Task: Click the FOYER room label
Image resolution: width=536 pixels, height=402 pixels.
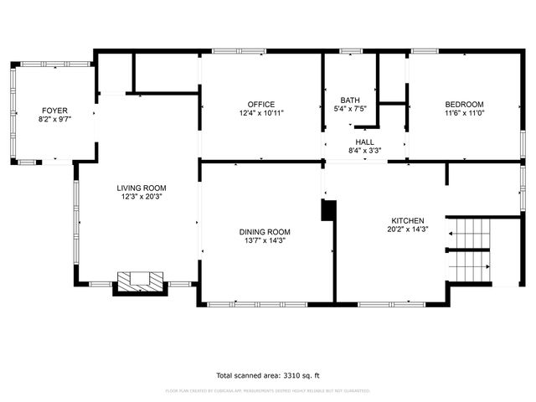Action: (54, 111)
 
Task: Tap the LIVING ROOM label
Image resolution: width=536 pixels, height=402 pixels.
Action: (141, 188)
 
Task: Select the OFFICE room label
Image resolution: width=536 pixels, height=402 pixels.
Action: (260, 104)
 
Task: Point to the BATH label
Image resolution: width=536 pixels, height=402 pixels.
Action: (349, 100)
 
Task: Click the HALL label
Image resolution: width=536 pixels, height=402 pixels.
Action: (364, 142)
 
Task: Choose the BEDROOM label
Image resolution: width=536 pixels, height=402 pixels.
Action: (464, 104)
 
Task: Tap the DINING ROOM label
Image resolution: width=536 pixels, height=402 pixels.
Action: (265, 232)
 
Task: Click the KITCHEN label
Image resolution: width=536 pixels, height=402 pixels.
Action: (407, 220)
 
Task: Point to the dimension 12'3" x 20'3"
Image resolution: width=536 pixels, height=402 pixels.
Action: (141, 197)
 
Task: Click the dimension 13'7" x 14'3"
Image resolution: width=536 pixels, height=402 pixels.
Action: (265, 241)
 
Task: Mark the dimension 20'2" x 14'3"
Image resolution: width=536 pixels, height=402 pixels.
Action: (407, 229)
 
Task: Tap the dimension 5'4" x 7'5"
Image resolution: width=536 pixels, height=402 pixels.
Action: (349, 109)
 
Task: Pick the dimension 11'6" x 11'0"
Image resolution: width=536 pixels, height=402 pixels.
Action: (464, 113)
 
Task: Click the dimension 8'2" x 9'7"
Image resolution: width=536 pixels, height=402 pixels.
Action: (54, 120)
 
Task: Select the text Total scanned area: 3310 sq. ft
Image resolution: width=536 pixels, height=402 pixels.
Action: (267, 375)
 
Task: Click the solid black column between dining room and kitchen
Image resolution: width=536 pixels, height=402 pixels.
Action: (328, 210)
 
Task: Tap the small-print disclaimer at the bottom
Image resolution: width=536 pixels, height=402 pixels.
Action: (267, 390)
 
